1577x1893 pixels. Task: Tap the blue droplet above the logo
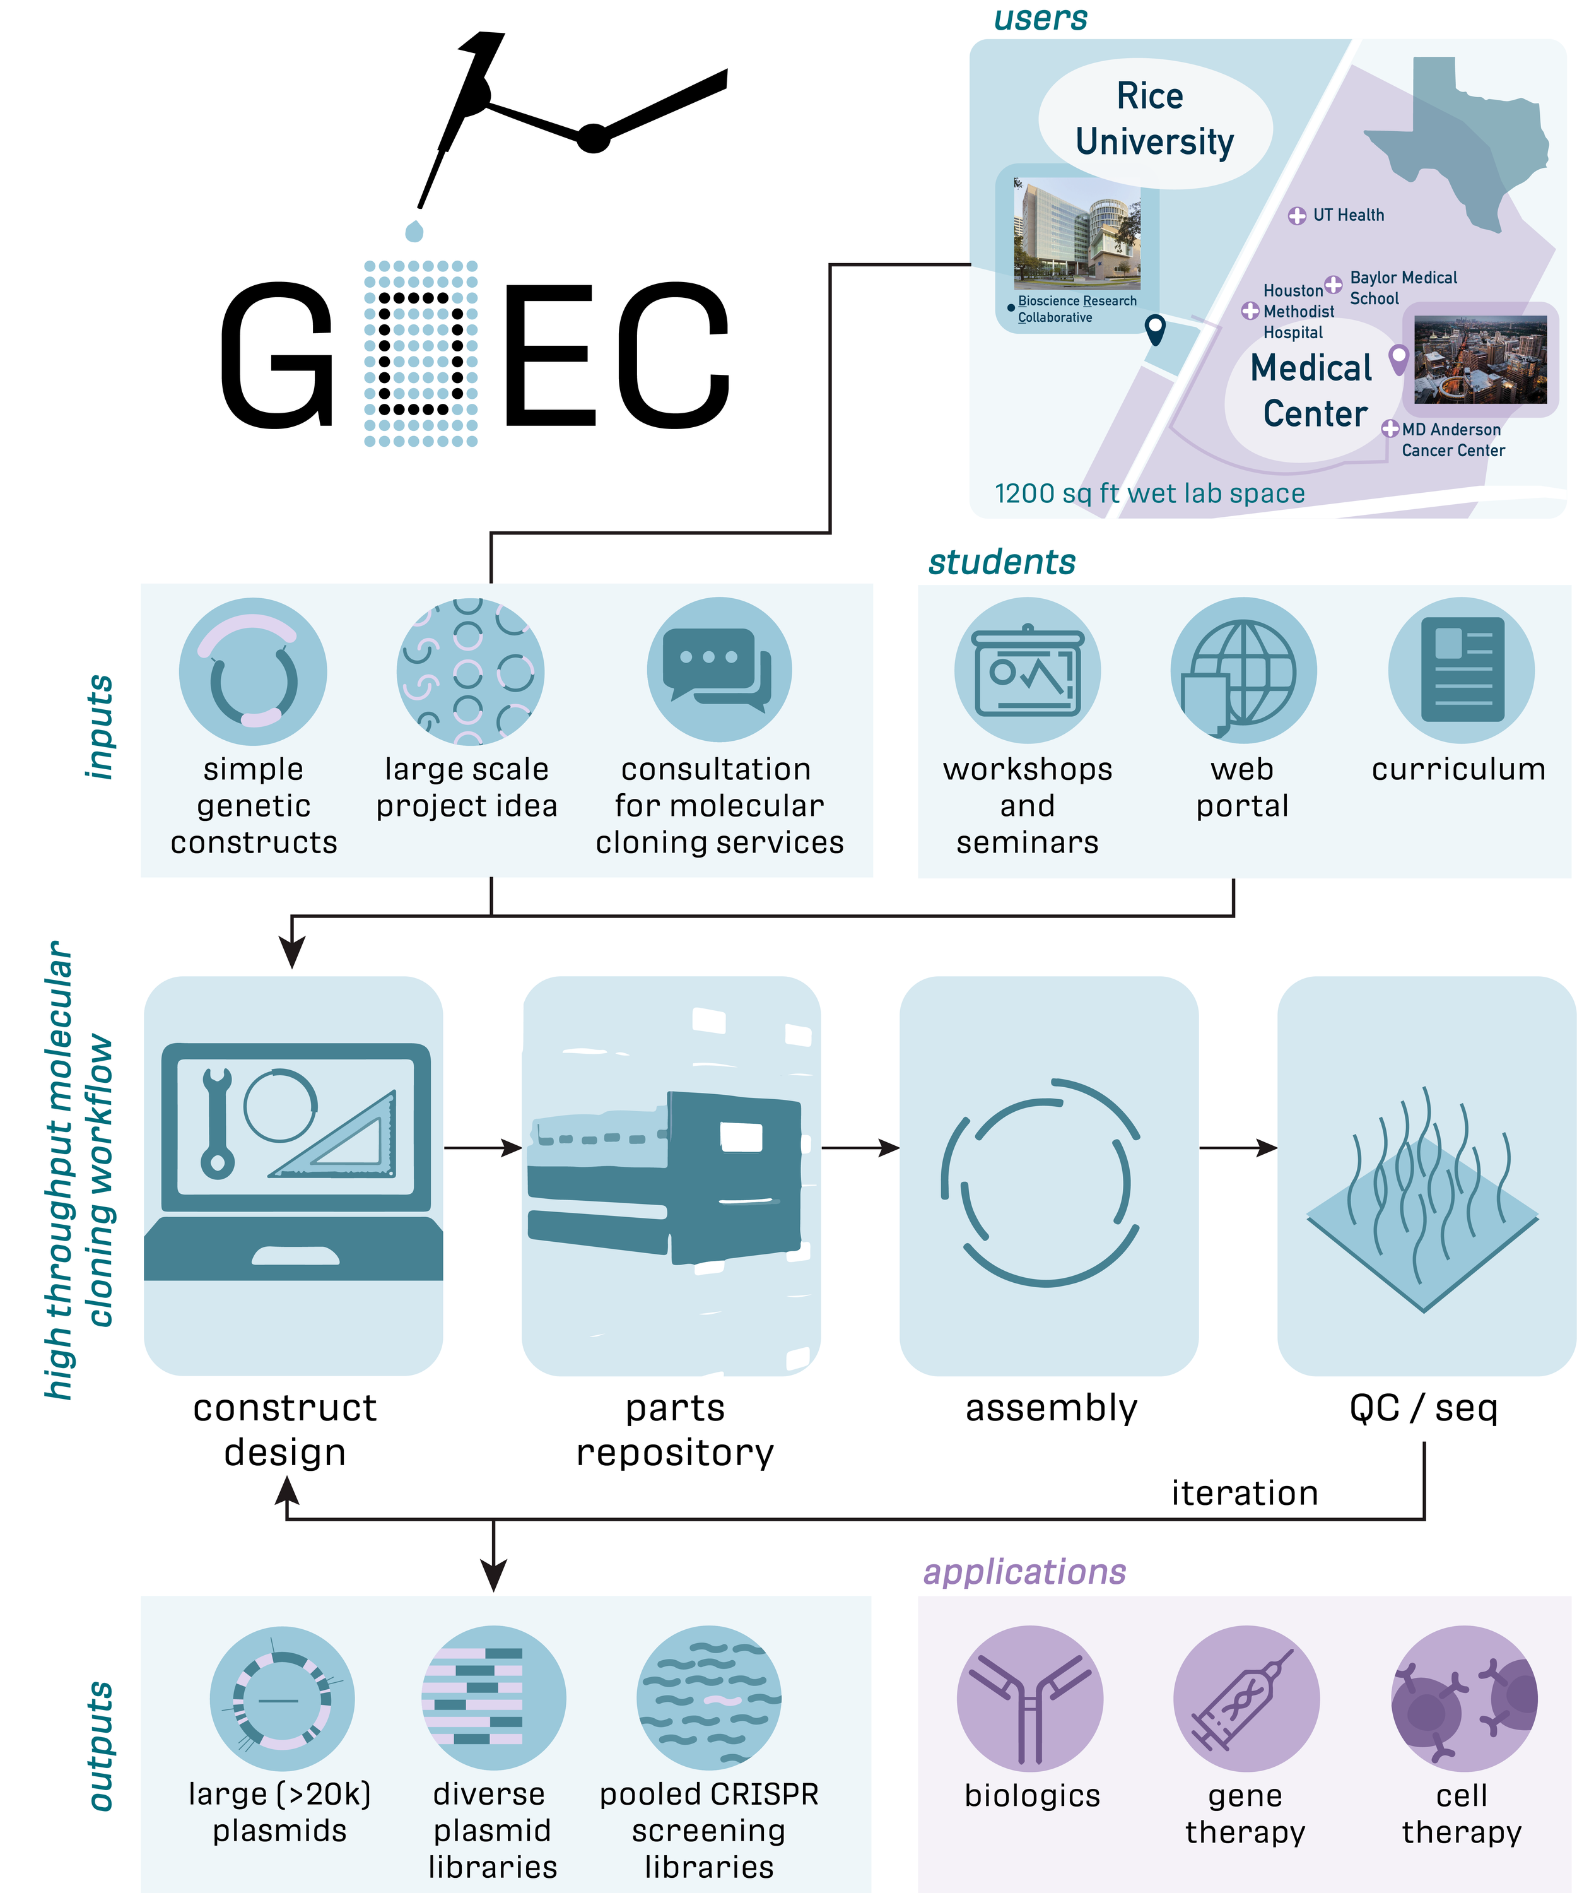coord(414,231)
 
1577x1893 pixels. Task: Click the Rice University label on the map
coord(1154,119)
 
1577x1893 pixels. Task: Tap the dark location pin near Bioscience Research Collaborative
coord(1154,329)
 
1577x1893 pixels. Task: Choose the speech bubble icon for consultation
coord(718,669)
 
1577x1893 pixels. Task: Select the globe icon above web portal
coord(1243,671)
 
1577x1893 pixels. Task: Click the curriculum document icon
coord(1461,669)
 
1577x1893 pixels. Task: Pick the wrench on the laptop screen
coord(217,1123)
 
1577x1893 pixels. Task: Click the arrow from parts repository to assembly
coord(860,1148)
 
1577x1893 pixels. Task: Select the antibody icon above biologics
coord(1029,1699)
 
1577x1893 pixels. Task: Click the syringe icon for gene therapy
coord(1245,1699)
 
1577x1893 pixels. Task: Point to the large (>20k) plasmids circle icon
coord(281,1699)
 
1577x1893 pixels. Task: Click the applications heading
coord(1024,1571)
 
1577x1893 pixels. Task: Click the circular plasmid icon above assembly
coord(1045,1181)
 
